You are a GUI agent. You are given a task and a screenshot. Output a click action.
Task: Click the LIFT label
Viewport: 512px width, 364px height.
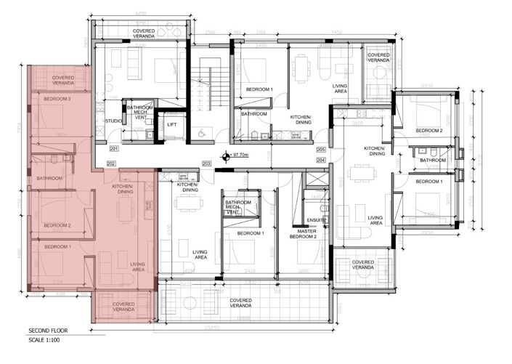(172, 124)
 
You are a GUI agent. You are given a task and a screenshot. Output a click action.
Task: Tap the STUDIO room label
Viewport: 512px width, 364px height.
(113, 121)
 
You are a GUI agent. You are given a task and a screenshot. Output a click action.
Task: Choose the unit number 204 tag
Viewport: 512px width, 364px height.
(320, 158)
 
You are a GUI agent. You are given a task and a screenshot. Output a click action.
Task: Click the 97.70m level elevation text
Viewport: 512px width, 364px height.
(240, 154)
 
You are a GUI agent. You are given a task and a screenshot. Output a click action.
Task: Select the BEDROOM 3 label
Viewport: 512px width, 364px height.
(57, 99)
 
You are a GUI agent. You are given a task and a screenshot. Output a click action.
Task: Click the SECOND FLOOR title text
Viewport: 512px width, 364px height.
(49, 329)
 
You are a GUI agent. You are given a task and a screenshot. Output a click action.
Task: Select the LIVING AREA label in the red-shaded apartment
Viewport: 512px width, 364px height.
(139, 267)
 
